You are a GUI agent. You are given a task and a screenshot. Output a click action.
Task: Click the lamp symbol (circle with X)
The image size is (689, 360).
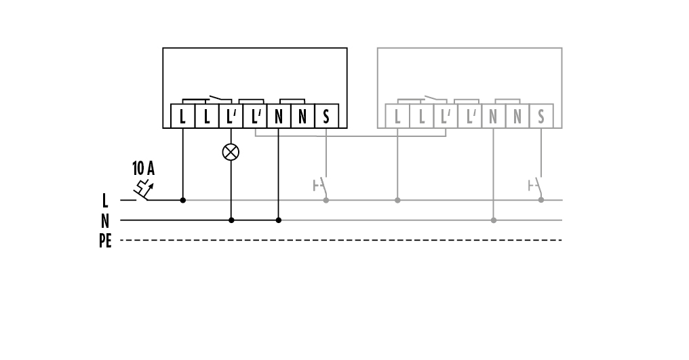click(x=231, y=151)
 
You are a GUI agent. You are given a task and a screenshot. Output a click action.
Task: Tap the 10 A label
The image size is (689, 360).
click(x=142, y=167)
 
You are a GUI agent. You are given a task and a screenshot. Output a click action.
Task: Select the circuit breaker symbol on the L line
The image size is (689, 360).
click(x=143, y=191)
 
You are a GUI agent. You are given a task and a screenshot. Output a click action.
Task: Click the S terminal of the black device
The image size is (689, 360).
click(x=326, y=117)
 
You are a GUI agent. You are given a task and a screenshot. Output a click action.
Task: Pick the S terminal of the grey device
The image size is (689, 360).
click(x=541, y=117)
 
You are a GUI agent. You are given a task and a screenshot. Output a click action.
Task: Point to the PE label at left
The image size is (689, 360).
click(x=105, y=241)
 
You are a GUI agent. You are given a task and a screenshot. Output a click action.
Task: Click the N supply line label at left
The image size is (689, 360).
click(x=105, y=221)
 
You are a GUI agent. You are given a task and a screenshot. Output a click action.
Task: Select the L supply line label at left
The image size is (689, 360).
click(x=105, y=201)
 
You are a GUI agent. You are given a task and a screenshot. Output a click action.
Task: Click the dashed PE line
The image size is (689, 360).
click(x=339, y=240)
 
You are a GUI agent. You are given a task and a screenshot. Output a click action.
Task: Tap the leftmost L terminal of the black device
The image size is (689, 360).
click(x=183, y=117)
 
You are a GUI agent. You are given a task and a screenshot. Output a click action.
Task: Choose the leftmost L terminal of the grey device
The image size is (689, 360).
click(x=397, y=117)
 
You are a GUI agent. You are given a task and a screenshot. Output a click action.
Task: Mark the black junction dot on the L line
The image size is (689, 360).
click(x=183, y=200)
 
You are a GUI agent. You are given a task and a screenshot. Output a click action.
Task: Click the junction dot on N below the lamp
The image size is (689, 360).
click(x=231, y=220)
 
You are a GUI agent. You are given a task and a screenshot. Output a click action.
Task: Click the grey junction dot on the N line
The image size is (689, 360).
click(x=494, y=220)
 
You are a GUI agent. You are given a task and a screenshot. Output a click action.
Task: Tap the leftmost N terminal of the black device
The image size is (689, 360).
click(x=279, y=117)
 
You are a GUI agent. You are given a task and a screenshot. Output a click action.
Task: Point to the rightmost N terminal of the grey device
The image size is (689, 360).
click(x=517, y=117)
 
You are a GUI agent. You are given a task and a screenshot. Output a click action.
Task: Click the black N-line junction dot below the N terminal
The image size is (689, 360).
click(x=279, y=220)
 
